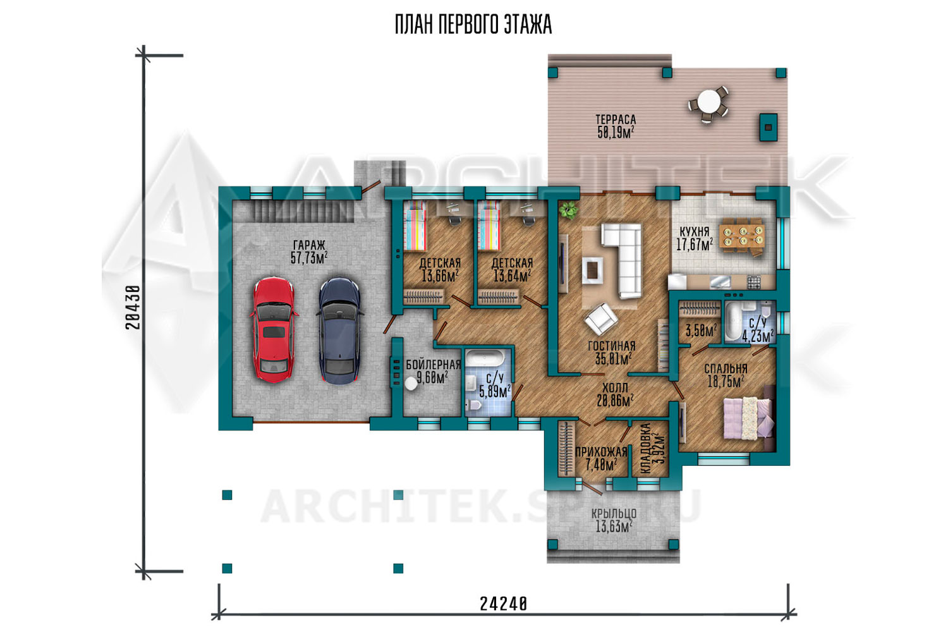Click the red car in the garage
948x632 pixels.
click(274, 330)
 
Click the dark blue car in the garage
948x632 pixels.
click(339, 331)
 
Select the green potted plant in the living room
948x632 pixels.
click(569, 210)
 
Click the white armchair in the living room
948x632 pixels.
click(601, 320)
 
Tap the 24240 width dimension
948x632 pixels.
click(503, 604)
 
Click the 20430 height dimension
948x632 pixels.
click(133, 307)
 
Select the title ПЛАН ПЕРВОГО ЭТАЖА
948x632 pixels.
click(473, 25)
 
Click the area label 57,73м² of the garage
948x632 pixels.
click(309, 258)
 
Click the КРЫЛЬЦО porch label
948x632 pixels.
click(614, 513)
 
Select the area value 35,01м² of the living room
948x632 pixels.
click(614, 359)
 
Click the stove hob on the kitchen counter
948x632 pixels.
click(753, 281)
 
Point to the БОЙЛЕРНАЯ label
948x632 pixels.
click(433, 365)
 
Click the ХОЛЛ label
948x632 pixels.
click(615, 388)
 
